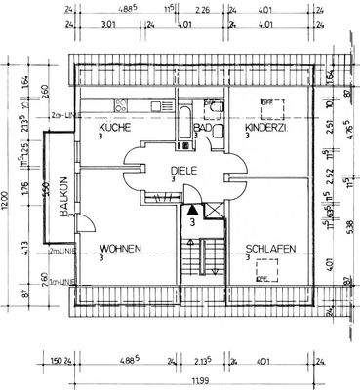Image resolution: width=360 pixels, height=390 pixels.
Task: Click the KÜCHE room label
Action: point(114,127)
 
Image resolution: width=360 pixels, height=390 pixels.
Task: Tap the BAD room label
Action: point(203,127)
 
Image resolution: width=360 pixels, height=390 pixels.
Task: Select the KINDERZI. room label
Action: point(265,127)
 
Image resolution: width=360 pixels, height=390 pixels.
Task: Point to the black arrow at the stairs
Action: point(193,209)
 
